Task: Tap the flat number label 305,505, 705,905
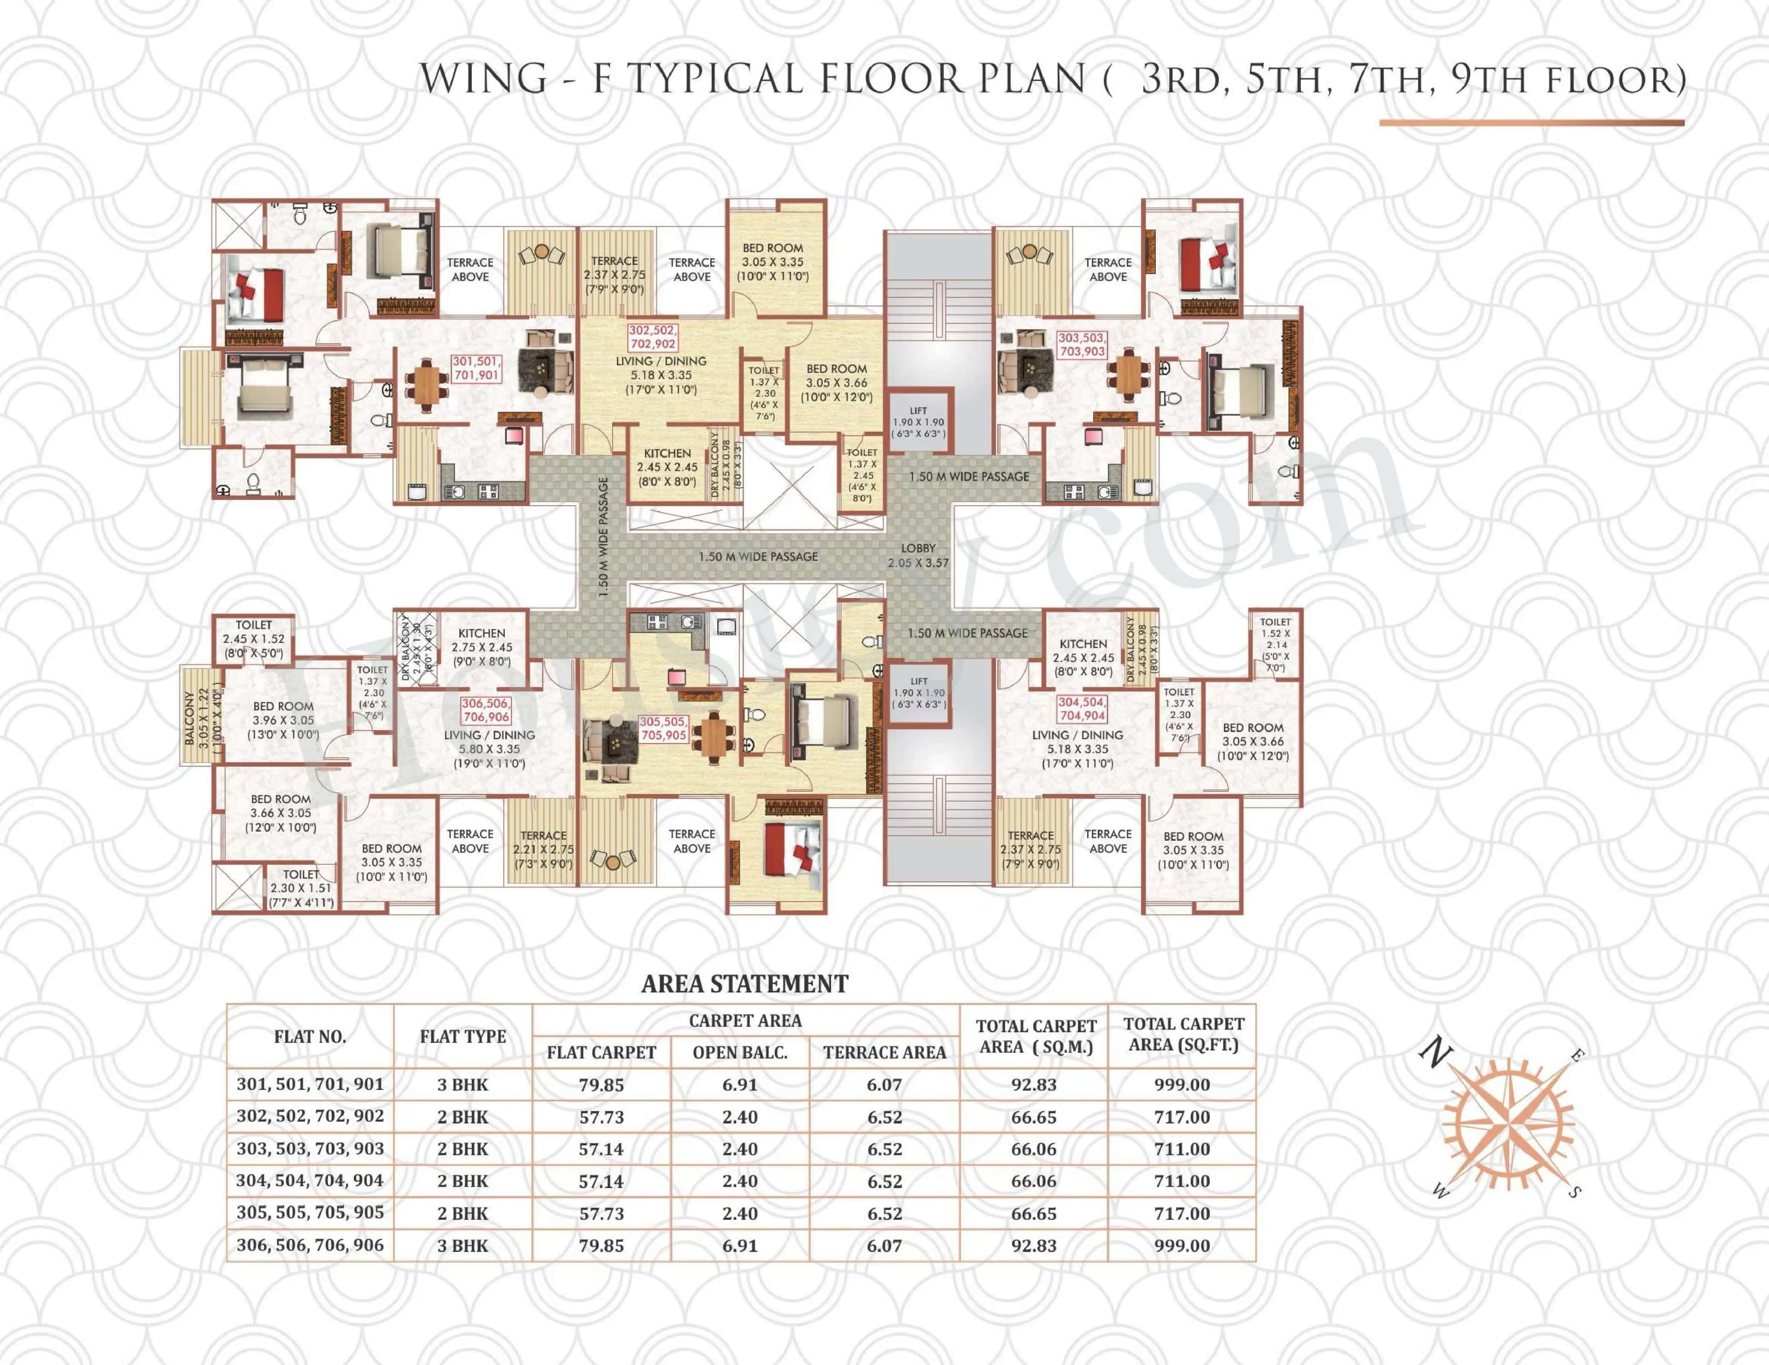[x=662, y=728]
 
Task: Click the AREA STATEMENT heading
[x=744, y=984]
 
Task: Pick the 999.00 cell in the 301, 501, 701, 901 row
[x=1182, y=1084]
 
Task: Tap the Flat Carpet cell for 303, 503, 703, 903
[x=601, y=1148]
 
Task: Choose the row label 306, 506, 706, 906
[x=310, y=1245]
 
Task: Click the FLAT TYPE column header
[x=463, y=1036]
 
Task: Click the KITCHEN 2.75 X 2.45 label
[x=482, y=647]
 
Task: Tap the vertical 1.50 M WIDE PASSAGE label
[x=603, y=537]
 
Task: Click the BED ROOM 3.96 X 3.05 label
[x=283, y=720]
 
